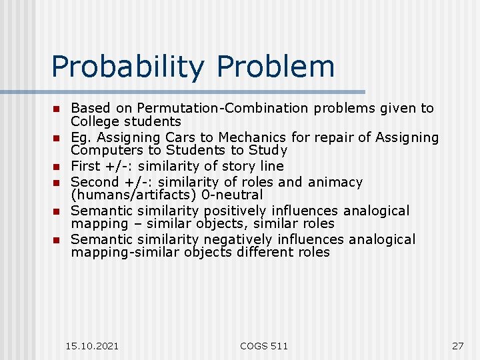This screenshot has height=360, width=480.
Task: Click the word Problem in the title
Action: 276,67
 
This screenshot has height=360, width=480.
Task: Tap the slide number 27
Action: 457,345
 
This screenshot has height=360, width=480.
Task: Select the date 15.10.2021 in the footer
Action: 93,345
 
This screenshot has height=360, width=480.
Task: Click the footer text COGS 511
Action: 264,345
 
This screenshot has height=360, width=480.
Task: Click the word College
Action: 96,122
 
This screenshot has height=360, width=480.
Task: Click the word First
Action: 85,166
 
